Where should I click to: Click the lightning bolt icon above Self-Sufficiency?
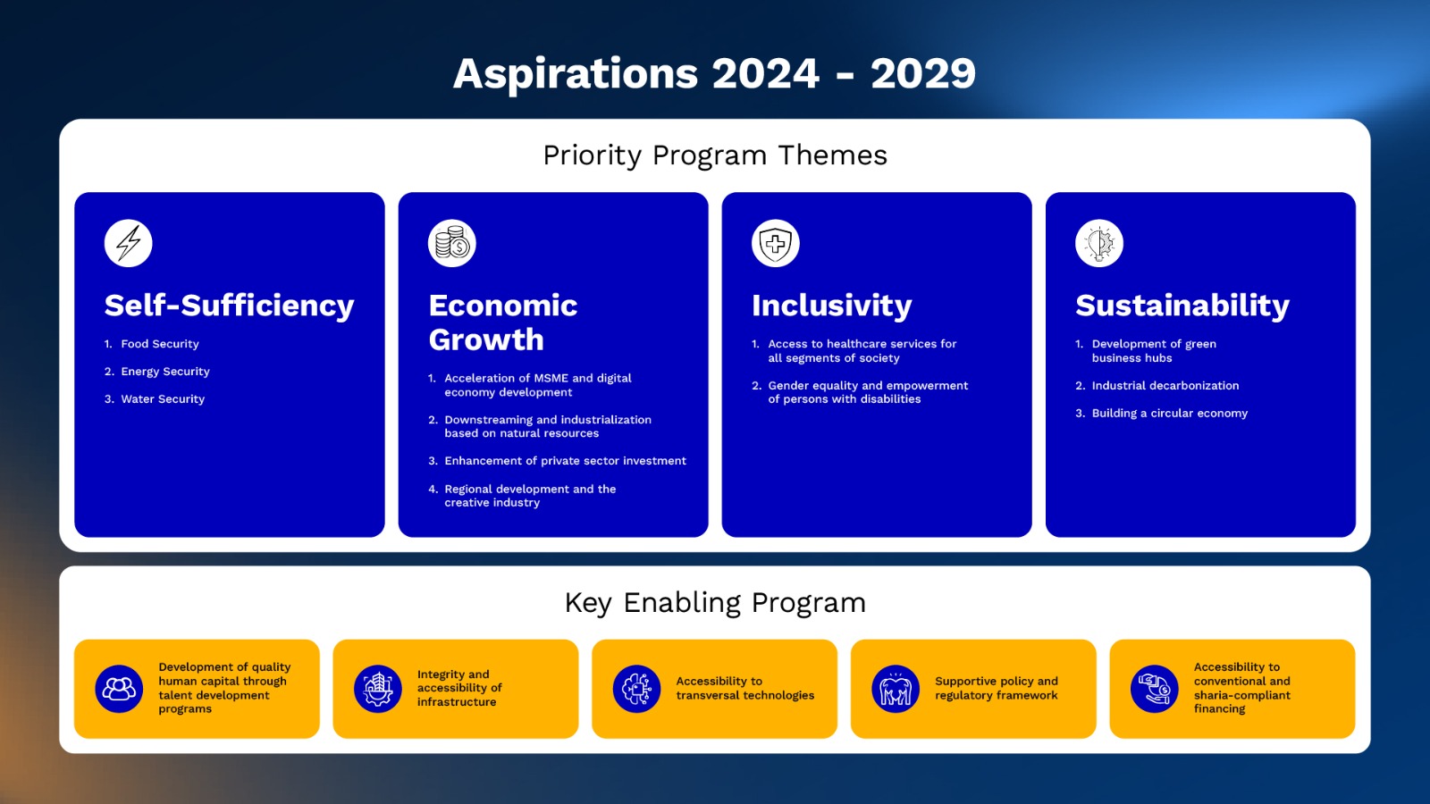pyautogui.click(x=129, y=243)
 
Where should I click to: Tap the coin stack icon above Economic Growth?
pyautogui.click(x=452, y=243)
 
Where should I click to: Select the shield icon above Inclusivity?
pyautogui.click(x=776, y=243)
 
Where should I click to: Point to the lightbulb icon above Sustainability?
pyautogui.click(x=1099, y=243)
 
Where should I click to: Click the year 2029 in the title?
pyautogui.click(x=923, y=73)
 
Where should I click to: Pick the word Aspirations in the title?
pyautogui.click(x=576, y=74)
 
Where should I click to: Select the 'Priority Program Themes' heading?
pyautogui.click(x=715, y=155)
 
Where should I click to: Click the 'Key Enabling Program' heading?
pyautogui.click(x=715, y=602)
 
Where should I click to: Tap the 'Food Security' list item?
pyautogui.click(x=160, y=344)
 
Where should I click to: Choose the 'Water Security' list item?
pyautogui.click(x=163, y=398)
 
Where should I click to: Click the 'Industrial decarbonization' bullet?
pyautogui.click(x=1165, y=385)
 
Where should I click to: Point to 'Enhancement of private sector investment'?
pyautogui.click(x=565, y=461)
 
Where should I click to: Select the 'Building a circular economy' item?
pyautogui.click(x=1170, y=413)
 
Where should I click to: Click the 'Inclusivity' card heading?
pyautogui.click(x=832, y=306)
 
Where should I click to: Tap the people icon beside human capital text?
pyautogui.click(x=119, y=689)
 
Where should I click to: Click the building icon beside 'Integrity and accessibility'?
pyautogui.click(x=378, y=689)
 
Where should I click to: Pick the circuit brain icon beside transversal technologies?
pyautogui.click(x=636, y=689)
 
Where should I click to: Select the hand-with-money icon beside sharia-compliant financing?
pyautogui.click(x=1154, y=689)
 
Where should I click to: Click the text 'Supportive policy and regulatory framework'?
pyautogui.click(x=997, y=689)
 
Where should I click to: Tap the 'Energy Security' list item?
pyautogui.click(x=165, y=372)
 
